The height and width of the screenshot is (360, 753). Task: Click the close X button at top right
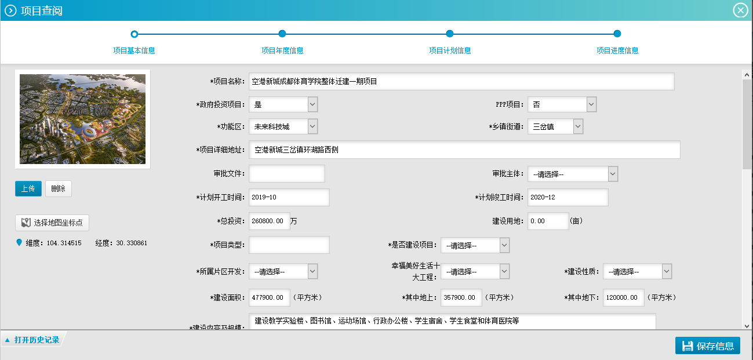tap(740, 10)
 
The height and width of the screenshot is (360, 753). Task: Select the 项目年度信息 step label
tap(282, 50)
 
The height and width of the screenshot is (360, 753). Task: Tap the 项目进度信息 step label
tap(617, 50)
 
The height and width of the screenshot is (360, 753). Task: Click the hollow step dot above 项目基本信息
tap(134, 34)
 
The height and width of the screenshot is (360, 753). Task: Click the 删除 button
tap(59, 188)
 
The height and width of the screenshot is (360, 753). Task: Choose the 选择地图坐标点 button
tap(52, 223)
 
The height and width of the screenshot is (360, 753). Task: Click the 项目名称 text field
tap(461, 81)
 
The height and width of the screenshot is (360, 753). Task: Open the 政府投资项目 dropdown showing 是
tap(283, 104)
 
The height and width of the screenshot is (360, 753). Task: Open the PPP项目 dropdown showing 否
tap(562, 104)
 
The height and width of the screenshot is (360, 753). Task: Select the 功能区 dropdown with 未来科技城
tap(283, 127)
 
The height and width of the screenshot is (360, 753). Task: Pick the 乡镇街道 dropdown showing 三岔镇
tap(555, 127)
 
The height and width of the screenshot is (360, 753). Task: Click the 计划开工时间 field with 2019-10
tap(289, 197)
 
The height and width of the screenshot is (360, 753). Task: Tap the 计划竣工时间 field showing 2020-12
tap(568, 197)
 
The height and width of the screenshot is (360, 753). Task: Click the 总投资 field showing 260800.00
tap(270, 221)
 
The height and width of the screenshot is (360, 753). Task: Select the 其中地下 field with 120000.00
tap(624, 297)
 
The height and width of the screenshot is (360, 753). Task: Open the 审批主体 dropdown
tap(573, 174)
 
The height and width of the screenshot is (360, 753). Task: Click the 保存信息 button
tap(708, 346)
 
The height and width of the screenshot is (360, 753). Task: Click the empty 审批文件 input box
tap(287, 173)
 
